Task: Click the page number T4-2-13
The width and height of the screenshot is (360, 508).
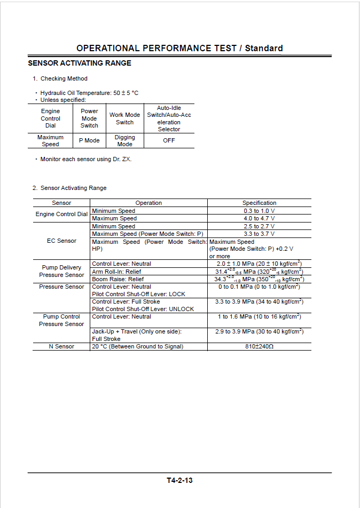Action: (179, 480)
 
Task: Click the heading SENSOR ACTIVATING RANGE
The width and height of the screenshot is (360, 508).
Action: (80, 63)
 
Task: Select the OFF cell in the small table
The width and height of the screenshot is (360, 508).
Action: (169, 140)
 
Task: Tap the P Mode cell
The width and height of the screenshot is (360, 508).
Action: (89, 140)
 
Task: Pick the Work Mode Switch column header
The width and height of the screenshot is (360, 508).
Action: (124, 118)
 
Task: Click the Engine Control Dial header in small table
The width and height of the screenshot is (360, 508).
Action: (51, 118)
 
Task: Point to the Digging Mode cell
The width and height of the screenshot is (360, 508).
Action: (124, 141)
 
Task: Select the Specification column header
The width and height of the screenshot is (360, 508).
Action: (259, 203)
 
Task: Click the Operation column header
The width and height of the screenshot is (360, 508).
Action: (148, 203)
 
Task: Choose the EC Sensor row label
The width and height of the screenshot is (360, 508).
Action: (61, 241)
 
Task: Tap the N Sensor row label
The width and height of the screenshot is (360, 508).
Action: (61, 346)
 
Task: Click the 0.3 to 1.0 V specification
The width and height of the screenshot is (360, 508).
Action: (259, 211)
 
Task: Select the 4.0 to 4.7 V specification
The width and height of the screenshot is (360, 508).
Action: (259, 218)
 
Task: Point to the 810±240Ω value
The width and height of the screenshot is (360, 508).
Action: (259, 346)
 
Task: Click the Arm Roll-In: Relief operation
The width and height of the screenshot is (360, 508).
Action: (118, 272)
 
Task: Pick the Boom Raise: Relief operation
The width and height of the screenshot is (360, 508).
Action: (119, 279)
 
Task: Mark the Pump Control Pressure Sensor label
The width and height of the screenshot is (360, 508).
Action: (61, 320)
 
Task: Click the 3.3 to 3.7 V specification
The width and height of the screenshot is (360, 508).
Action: (259, 234)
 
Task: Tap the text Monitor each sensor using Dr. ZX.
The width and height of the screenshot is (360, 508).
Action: (85, 159)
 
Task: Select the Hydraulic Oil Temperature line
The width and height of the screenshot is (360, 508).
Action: (89, 93)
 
